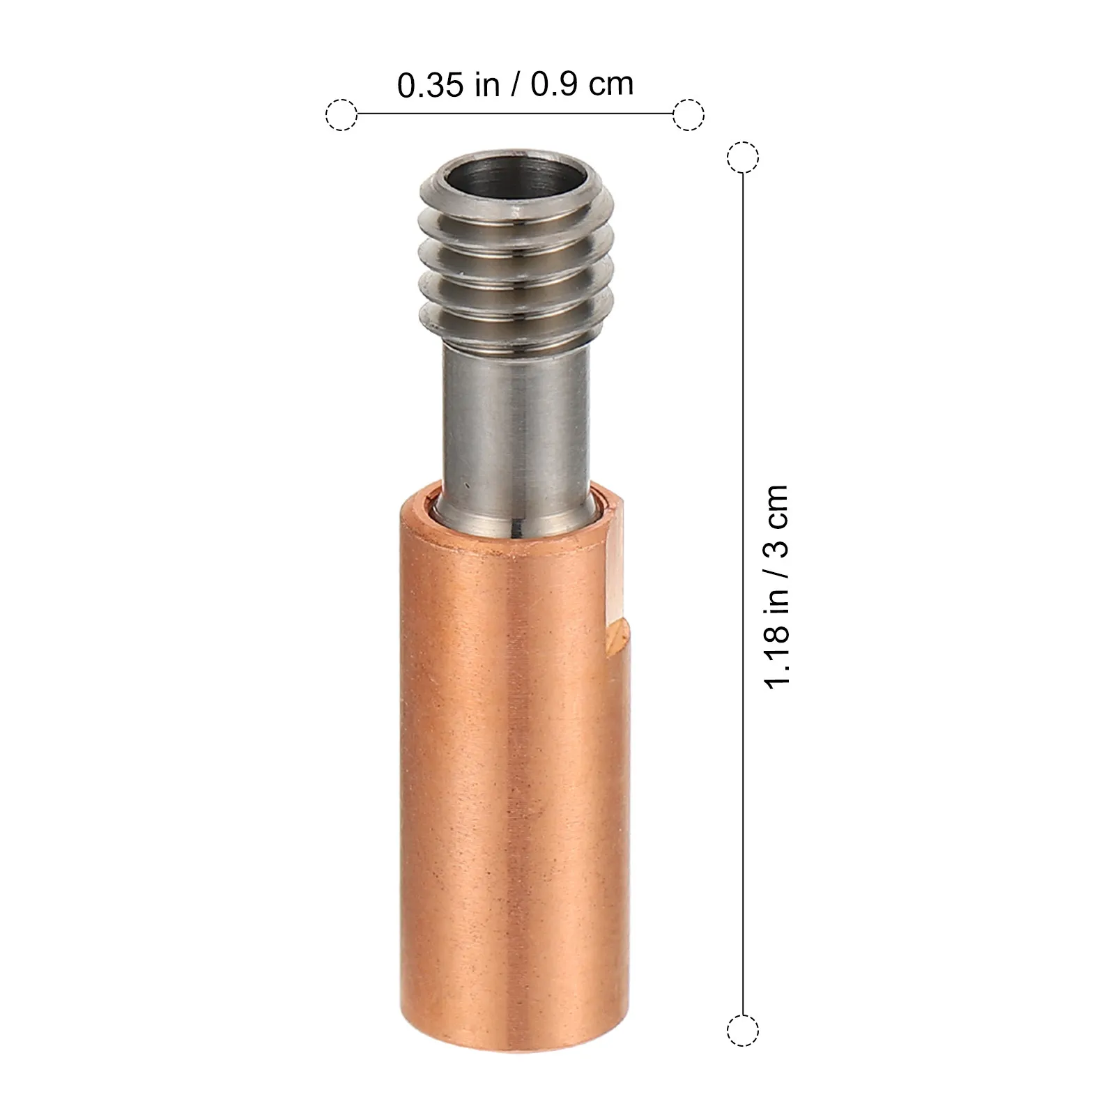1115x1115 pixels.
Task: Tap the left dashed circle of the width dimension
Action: tap(341, 114)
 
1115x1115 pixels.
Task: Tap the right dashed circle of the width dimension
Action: tap(689, 114)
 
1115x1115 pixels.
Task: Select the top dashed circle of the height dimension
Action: tap(743, 157)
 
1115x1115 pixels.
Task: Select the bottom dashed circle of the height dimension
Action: tap(743, 1030)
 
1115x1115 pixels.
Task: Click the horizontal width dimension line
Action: tap(515, 114)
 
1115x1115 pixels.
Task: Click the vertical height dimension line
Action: tap(743, 593)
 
